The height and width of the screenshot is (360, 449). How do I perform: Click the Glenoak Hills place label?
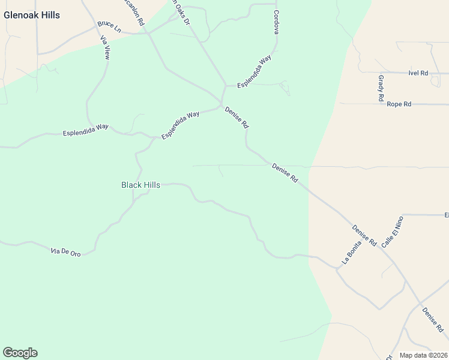[x=32, y=15]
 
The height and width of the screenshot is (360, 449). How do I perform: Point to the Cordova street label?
[x=276, y=22]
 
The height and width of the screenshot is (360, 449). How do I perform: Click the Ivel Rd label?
[x=417, y=73]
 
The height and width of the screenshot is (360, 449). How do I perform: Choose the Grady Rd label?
[x=381, y=88]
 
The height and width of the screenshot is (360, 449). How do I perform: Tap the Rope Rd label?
[x=399, y=104]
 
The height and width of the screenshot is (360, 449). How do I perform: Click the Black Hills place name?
[x=140, y=185]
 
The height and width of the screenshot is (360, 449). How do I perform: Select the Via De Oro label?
[x=66, y=252]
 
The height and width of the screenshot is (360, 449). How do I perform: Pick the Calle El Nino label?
[x=391, y=230]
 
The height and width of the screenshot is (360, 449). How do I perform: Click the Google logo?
[x=20, y=353]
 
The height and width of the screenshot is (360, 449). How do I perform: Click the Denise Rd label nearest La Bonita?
[x=364, y=236]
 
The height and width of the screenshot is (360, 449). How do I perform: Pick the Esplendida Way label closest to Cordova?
[x=255, y=74]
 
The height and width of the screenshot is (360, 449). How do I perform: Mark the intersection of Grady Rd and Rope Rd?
[x=382, y=104]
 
